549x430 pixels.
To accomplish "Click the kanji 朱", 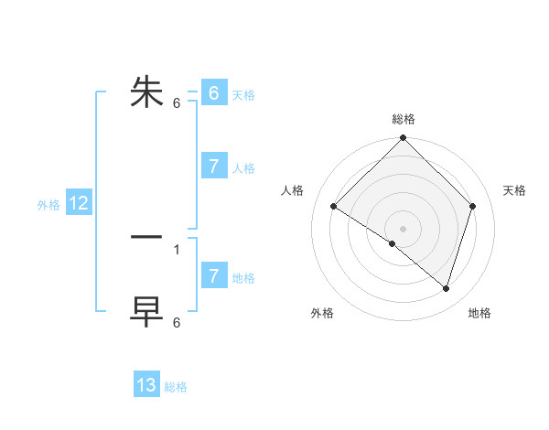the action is click(x=147, y=91).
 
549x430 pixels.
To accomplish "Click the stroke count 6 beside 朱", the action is click(x=177, y=103).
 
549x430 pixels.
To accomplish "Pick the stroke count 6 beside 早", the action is click(x=177, y=323).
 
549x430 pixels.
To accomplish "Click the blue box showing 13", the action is click(x=146, y=385).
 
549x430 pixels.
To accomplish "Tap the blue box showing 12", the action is click(x=79, y=204).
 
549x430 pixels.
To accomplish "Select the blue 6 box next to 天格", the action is click(x=213, y=93).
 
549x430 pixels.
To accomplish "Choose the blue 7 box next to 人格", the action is click(x=213, y=167).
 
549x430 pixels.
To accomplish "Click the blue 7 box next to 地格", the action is click(x=213, y=276).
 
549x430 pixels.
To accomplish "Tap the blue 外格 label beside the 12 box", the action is click(x=48, y=205).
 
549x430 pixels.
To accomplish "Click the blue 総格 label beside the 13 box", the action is click(x=176, y=387).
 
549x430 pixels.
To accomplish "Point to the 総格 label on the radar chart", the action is click(x=404, y=119).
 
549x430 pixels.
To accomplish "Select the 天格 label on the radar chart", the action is click(x=515, y=190).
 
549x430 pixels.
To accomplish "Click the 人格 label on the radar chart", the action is click(x=293, y=190).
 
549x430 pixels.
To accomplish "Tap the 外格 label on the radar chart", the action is click(x=322, y=314).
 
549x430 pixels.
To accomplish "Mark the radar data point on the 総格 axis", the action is click(x=404, y=138).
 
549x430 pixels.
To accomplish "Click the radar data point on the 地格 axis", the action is click(x=447, y=288).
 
